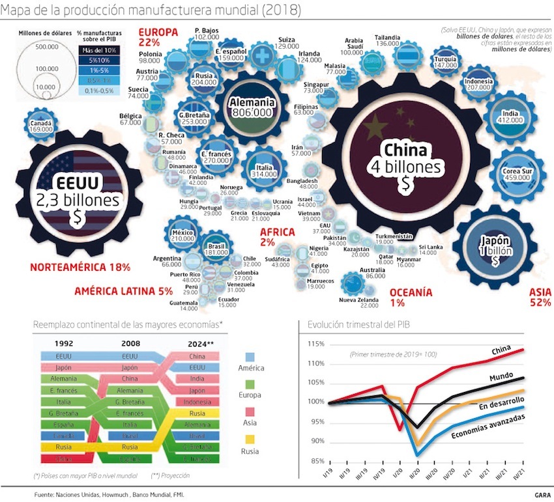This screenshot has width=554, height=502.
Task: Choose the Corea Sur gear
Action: [516, 173]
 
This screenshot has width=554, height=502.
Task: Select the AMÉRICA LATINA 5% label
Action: [123, 291]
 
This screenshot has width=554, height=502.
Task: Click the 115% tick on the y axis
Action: [315, 344]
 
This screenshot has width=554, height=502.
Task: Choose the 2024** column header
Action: [196, 344]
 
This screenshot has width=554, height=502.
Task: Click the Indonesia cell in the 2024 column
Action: [196, 402]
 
